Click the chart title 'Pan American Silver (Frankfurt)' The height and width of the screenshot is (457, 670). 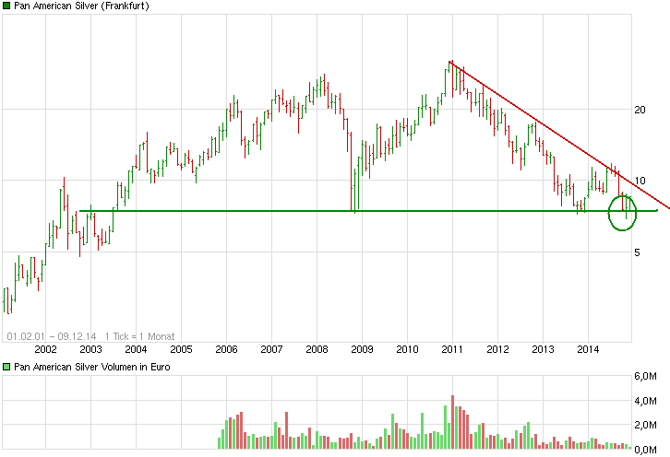[x=82, y=6]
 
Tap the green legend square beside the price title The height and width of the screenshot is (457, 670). [x=6, y=6]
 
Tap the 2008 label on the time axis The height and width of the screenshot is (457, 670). [x=317, y=349]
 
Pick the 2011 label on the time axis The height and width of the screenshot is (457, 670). [x=452, y=349]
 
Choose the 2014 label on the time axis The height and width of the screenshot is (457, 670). [x=588, y=349]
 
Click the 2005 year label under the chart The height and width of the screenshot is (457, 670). [x=181, y=349]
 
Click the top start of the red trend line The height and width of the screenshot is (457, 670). [x=449, y=62]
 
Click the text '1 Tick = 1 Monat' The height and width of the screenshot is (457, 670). [x=139, y=336]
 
